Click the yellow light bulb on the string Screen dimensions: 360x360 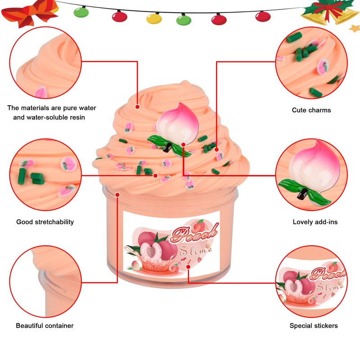(x=154, y=18)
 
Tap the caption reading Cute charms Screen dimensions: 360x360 (x=311, y=110)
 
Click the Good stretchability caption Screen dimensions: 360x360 (x=45, y=222)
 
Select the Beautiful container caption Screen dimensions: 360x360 (x=45, y=325)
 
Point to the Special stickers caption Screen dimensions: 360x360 (x=314, y=325)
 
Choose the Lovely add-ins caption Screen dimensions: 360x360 (x=315, y=222)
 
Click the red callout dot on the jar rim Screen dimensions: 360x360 (x=117, y=194)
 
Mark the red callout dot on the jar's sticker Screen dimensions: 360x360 (x=188, y=266)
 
